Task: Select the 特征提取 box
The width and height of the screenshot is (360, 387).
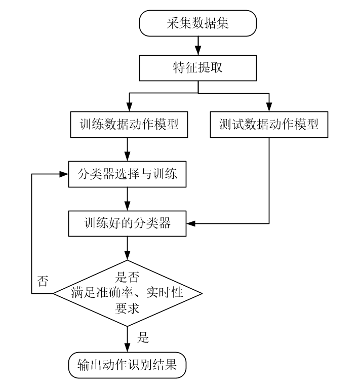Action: (x=197, y=67)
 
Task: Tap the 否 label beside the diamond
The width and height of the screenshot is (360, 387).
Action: (x=43, y=281)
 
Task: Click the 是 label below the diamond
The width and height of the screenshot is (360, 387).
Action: (x=144, y=337)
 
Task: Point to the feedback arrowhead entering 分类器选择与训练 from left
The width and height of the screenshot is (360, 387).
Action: (x=64, y=174)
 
